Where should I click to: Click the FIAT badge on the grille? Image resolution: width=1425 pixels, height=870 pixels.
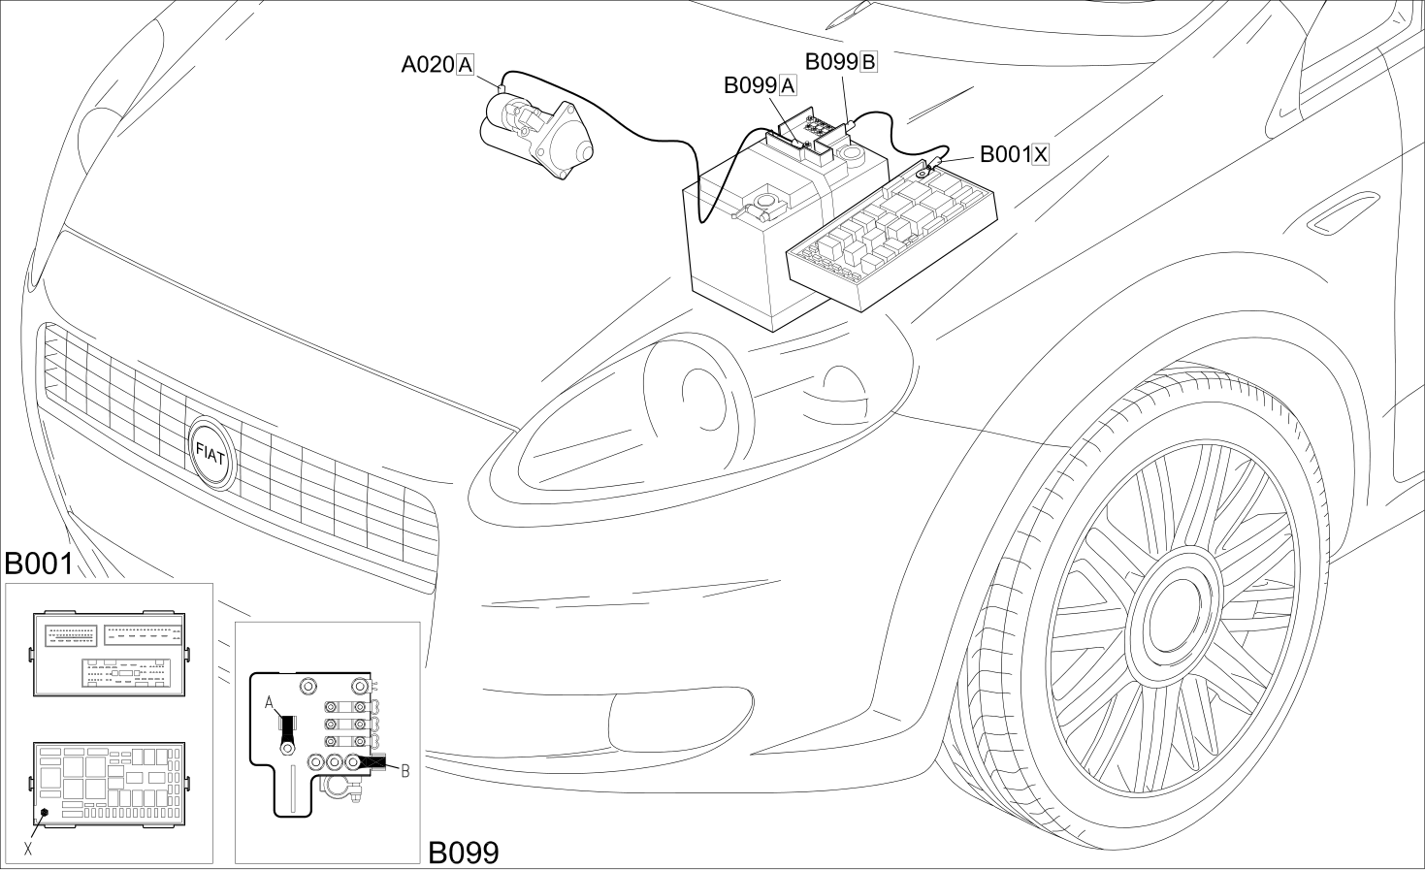[x=212, y=454]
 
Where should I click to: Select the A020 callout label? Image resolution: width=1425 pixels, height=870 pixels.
[x=437, y=65]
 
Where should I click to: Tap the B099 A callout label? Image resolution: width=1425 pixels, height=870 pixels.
[x=761, y=85]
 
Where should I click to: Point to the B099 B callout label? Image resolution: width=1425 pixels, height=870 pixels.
[x=841, y=62]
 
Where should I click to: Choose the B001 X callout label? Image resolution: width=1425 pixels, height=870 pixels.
[x=1014, y=154]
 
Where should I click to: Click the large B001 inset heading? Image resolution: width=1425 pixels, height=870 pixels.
[x=39, y=564]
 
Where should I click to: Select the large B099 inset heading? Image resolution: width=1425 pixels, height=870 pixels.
[x=463, y=853]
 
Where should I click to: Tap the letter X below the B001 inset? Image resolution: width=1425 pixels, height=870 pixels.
[x=27, y=849]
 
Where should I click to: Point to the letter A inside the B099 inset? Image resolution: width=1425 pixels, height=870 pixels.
[x=269, y=703]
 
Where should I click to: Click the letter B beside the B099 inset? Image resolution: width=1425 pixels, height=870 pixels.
[x=405, y=771]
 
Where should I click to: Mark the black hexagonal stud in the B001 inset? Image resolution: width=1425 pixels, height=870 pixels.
[x=45, y=812]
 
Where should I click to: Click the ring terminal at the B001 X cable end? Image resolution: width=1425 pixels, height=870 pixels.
[x=923, y=171]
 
